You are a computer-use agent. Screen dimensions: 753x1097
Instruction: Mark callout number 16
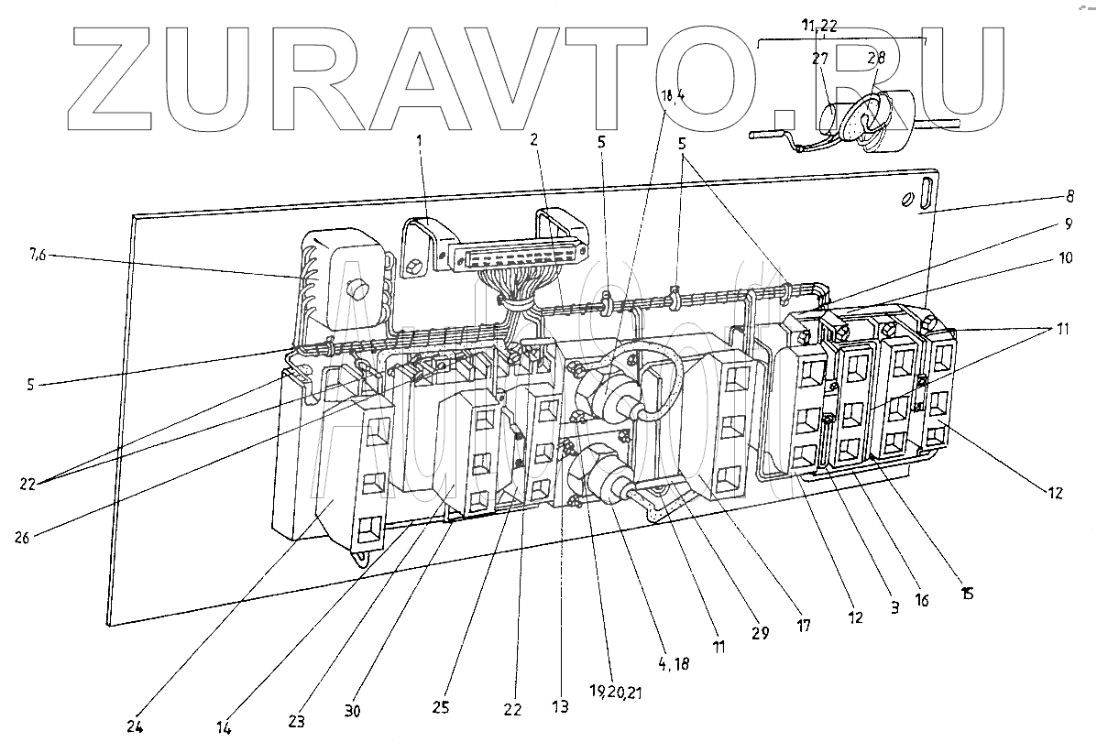click(x=922, y=601)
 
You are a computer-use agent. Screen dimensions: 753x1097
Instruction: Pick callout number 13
click(x=560, y=706)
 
